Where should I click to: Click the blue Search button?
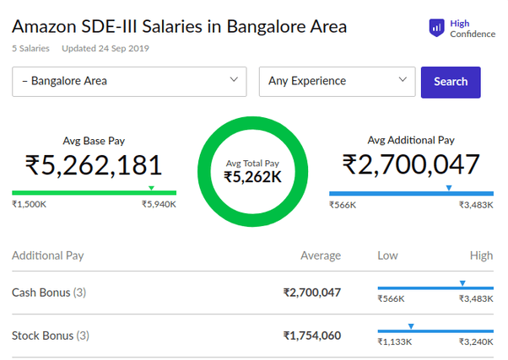tap(450, 82)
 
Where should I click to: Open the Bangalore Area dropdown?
tap(129, 82)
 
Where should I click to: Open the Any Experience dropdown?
tap(337, 82)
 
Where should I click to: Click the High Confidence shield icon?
tap(436, 28)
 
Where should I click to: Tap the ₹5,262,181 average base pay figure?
tap(94, 165)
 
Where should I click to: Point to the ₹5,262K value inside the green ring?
tap(252, 177)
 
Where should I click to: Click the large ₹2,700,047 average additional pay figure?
tap(411, 165)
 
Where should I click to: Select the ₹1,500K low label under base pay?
tap(29, 205)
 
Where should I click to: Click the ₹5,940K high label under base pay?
tap(159, 205)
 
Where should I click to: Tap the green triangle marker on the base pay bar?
tap(151, 187)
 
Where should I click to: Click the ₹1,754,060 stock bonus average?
tap(311, 336)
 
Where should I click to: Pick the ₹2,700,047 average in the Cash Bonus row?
tap(311, 293)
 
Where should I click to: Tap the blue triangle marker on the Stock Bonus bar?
tap(411, 325)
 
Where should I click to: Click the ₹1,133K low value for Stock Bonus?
tap(394, 342)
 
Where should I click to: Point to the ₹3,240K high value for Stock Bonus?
tap(476, 342)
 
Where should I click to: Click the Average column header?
tap(321, 255)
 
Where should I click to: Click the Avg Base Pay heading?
tap(94, 141)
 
